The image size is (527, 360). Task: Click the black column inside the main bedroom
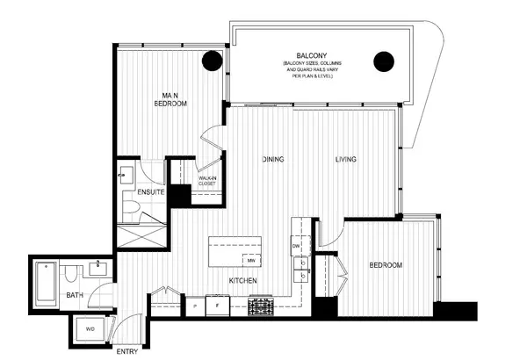pyautogui.click(x=212, y=61)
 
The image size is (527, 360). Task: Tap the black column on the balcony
pyautogui.click(x=383, y=61)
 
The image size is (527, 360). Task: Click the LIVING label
pyautogui.click(x=345, y=160)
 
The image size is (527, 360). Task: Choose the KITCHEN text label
pyautogui.click(x=242, y=280)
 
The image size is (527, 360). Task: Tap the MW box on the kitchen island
pyautogui.click(x=250, y=261)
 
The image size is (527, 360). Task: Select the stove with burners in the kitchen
pyautogui.click(x=262, y=306)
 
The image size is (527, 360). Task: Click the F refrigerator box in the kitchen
pyautogui.click(x=217, y=306)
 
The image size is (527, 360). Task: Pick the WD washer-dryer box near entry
pyautogui.click(x=91, y=330)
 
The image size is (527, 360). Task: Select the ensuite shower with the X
pyautogui.click(x=141, y=233)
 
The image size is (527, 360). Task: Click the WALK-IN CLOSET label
pyautogui.click(x=207, y=181)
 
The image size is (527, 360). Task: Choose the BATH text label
pyautogui.click(x=75, y=295)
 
